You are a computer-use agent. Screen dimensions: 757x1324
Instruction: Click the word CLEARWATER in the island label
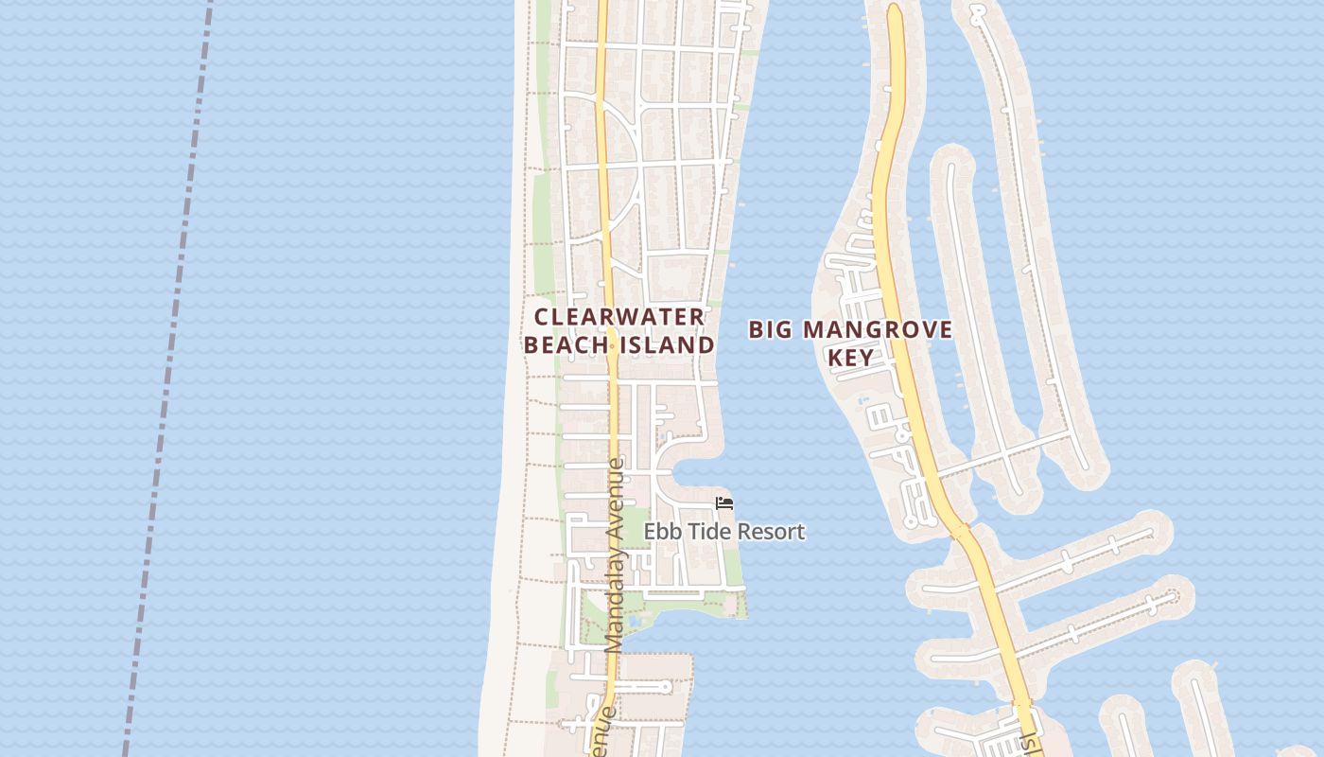[x=619, y=317]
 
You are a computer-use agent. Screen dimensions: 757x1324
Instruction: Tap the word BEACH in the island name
[x=566, y=345]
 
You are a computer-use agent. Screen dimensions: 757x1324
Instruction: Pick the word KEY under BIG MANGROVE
[x=849, y=358]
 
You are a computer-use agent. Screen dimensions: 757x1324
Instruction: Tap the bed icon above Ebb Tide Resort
[x=724, y=503]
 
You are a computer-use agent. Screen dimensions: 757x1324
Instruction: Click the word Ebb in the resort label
[x=660, y=532]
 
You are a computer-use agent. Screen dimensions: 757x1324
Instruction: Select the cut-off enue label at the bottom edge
[x=602, y=733]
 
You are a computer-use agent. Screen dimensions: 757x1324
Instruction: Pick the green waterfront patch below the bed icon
[x=734, y=568]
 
